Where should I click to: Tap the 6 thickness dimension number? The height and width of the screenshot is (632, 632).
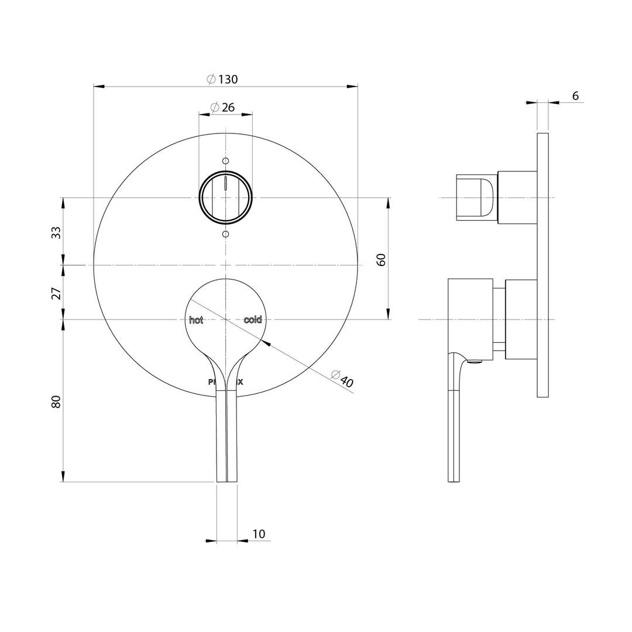pos(575,96)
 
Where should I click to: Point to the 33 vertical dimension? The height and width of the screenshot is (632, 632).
pos(56,232)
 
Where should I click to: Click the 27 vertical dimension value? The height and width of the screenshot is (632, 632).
pos(56,293)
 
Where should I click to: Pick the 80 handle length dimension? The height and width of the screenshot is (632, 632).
pos(56,401)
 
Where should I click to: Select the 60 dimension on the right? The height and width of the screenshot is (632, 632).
pos(381,259)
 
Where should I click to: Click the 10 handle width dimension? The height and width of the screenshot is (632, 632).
pos(259,534)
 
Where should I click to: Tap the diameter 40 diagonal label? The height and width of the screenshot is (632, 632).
pos(342,379)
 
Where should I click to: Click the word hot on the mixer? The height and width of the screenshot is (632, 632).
pos(196,320)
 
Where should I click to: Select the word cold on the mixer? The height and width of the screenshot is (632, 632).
pos(253,320)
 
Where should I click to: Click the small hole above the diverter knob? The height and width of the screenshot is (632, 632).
pos(226,160)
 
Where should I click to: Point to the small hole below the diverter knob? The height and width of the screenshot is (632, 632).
pos(226,234)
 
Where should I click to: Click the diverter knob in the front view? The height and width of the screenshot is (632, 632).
pos(226,198)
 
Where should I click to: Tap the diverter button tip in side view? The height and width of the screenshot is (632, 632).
pos(475,198)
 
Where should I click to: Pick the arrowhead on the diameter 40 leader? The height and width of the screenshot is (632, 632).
pos(266,344)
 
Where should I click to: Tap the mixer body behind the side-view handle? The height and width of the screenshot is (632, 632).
pos(521,319)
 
